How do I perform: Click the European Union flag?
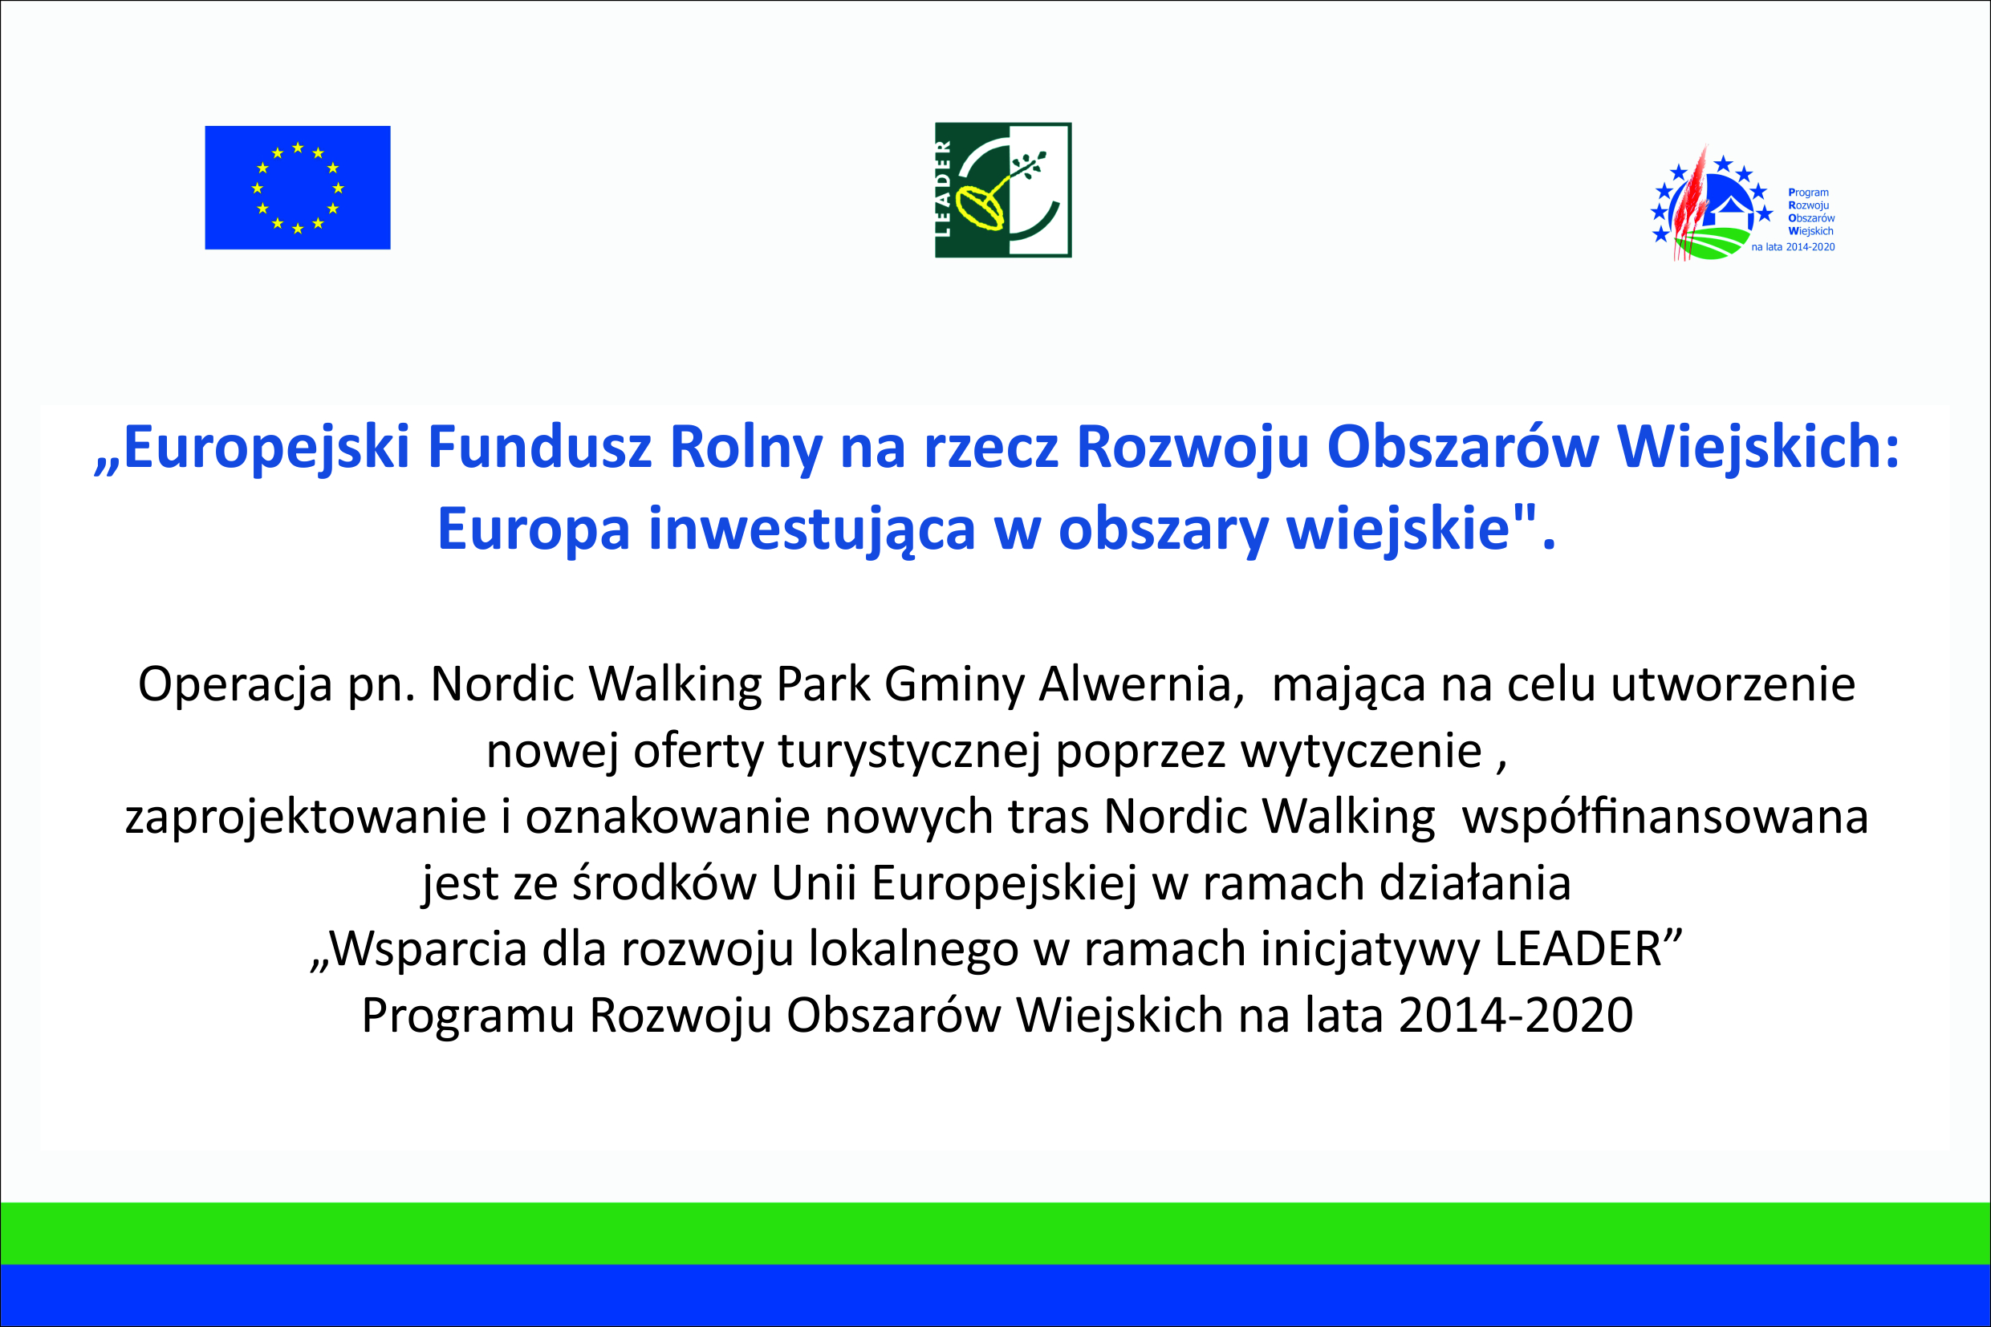point(297,188)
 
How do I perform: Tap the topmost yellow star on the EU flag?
point(298,148)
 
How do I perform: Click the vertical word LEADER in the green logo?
point(943,189)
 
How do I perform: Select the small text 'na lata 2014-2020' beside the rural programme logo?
point(1793,247)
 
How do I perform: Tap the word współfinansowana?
point(1665,817)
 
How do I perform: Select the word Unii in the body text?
point(814,883)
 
